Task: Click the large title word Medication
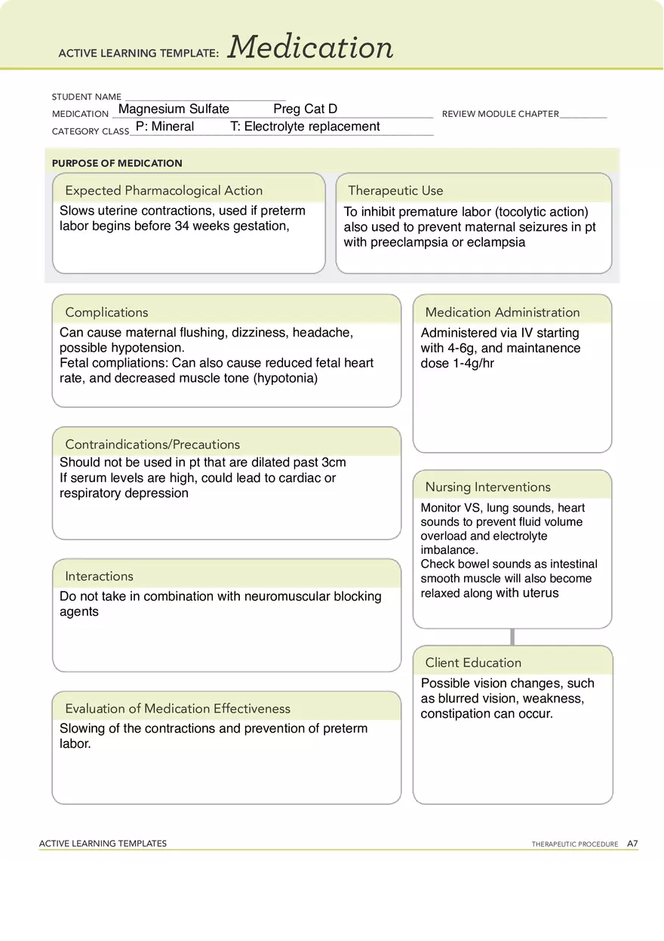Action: (x=310, y=48)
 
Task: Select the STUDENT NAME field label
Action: (x=86, y=97)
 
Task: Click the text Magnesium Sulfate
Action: (x=174, y=109)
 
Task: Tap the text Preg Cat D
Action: (x=305, y=109)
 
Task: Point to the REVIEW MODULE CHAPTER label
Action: (x=500, y=114)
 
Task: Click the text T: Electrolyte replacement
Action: (x=305, y=127)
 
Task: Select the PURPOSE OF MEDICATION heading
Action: (x=117, y=163)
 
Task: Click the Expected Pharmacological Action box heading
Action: (x=164, y=191)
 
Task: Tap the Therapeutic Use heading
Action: (x=395, y=191)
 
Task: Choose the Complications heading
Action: (x=106, y=312)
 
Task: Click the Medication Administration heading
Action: (x=502, y=312)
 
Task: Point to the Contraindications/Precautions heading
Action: (x=152, y=444)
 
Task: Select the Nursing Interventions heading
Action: (x=487, y=487)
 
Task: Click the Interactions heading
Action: (x=99, y=577)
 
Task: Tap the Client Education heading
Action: (x=473, y=663)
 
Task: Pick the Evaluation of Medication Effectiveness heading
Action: (x=177, y=709)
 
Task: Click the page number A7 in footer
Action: (x=632, y=844)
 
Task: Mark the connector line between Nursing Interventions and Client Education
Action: (x=512, y=637)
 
